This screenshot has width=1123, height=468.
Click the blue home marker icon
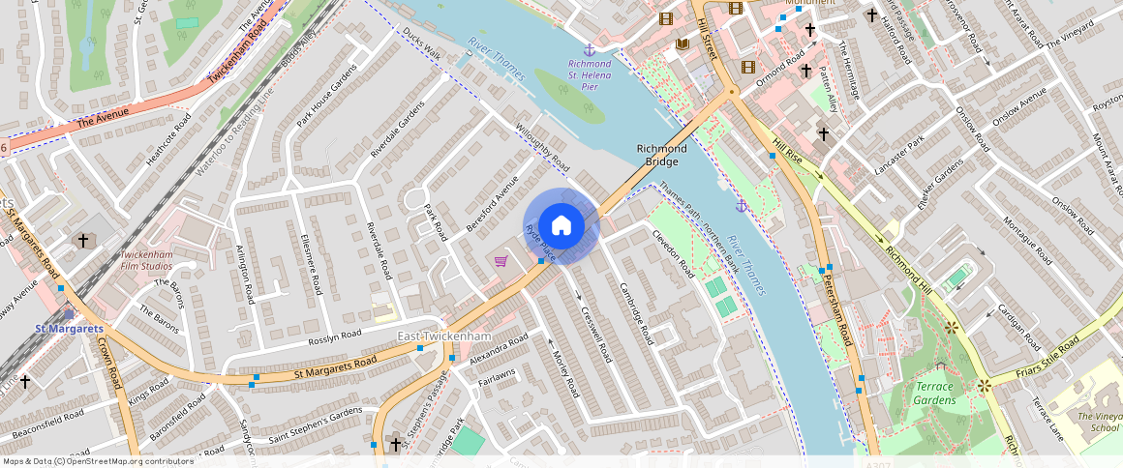tap(561, 226)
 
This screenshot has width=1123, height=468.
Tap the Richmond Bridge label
tap(661, 155)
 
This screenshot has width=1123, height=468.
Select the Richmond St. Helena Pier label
tap(590, 74)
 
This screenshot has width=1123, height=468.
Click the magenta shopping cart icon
tap(501, 261)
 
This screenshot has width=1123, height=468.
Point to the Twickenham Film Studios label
tap(146, 259)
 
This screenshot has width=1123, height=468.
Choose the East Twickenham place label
tap(445, 336)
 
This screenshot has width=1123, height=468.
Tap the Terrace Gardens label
tap(935, 394)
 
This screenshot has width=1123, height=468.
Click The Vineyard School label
tap(1098, 422)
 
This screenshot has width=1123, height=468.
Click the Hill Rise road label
tap(788, 151)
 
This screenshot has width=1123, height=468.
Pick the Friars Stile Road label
tap(1047, 359)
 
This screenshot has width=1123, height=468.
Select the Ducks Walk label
tap(421, 43)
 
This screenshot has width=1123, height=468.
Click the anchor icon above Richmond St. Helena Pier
tap(588, 49)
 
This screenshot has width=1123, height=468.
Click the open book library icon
tap(683, 44)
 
